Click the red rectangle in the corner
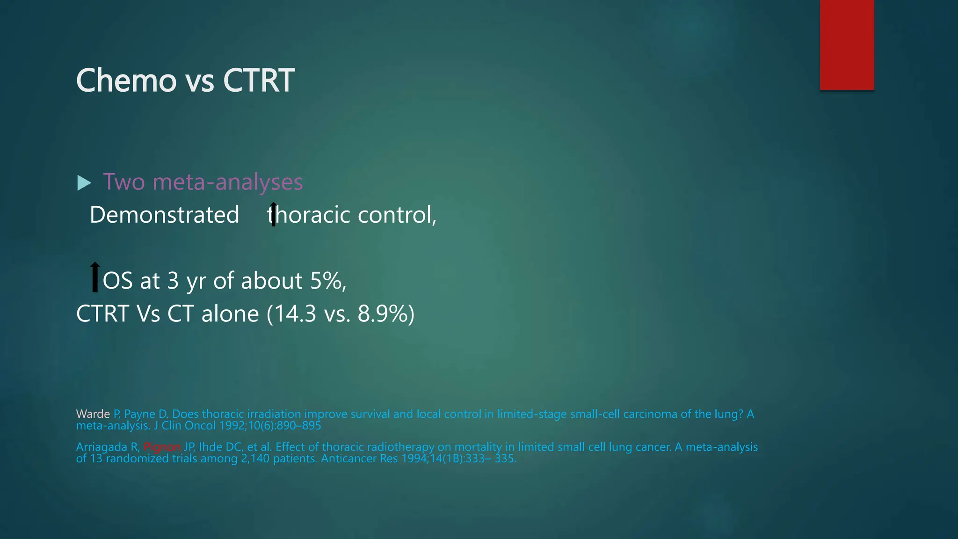tap(847, 45)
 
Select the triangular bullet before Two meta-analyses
tap(84, 183)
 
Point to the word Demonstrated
tap(164, 215)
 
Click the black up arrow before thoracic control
tap(273, 214)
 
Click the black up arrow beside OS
tap(95, 277)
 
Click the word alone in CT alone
tap(230, 314)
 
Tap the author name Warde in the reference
tap(93, 414)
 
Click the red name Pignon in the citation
tap(162, 447)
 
